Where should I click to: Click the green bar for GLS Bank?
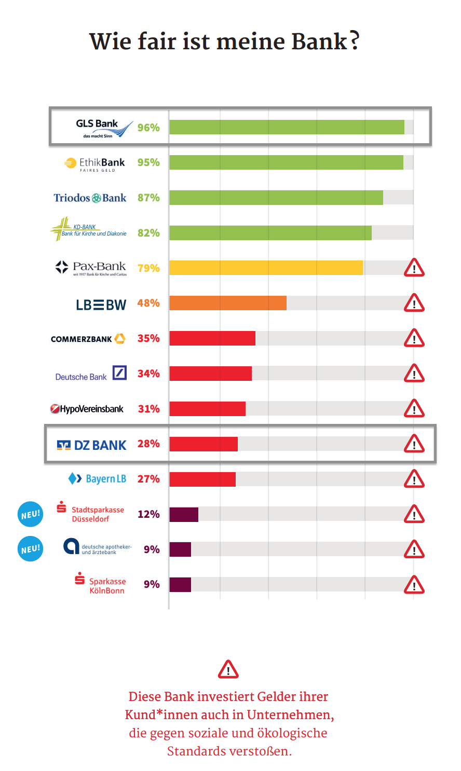[287, 127]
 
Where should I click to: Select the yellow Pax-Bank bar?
[266, 268]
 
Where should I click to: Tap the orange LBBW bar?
[228, 303]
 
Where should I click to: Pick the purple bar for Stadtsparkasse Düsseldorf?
[184, 514]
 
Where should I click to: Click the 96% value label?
[148, 128]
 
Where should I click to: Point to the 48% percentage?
[148, 303]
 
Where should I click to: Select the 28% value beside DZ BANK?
[148, 444]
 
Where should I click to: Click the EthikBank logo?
[94, 163]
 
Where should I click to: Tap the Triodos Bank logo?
[90, 198]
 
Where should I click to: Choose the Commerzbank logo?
[88, 339]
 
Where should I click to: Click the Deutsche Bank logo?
[91, 374]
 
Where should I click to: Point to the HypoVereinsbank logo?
[87, 409]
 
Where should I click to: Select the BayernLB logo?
[97, 478]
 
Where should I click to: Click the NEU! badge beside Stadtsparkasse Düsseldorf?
[30, 514]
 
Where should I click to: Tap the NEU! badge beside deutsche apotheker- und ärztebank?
[30, 549]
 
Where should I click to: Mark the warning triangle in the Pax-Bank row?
[414, 268]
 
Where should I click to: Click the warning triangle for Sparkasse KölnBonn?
[414, 585]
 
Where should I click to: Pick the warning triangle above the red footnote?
[228, 669]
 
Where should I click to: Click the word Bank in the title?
[319, 42]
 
